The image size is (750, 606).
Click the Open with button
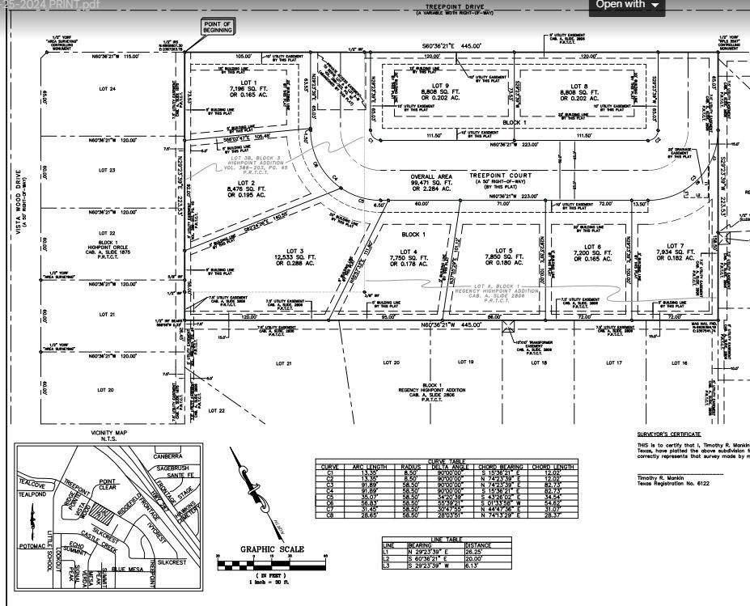point(628,5)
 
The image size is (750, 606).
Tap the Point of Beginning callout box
point(217,27)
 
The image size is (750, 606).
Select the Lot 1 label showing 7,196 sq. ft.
point(243,89)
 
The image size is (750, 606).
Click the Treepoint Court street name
point(506,176)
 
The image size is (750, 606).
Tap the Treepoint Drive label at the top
point(454,6)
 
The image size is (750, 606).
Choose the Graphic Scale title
point(272,549)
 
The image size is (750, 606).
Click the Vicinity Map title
point(110,433)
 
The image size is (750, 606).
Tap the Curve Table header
point(447,461)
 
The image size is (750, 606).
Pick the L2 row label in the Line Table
point(388,558)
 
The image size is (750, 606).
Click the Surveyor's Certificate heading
point(667,434)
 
